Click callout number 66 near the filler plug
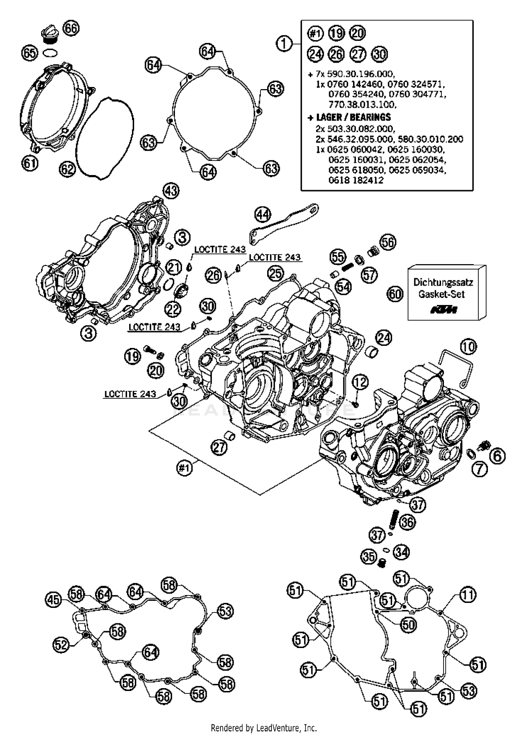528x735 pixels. (71, 28)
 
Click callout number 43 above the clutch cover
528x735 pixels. (171, 191)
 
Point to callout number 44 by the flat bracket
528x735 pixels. (263, 214)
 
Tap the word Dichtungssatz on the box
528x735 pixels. (443, 282)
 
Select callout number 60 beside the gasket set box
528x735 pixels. (395, 293)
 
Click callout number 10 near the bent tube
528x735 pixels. (469, 347)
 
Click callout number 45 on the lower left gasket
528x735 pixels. (54, 600)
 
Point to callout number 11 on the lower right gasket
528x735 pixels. (467, 595)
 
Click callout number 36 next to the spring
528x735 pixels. (407, 522)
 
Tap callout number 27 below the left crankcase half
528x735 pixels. (219, 447)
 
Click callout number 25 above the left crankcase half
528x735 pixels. (275, 272)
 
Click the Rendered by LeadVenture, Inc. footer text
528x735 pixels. (264, 728)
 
